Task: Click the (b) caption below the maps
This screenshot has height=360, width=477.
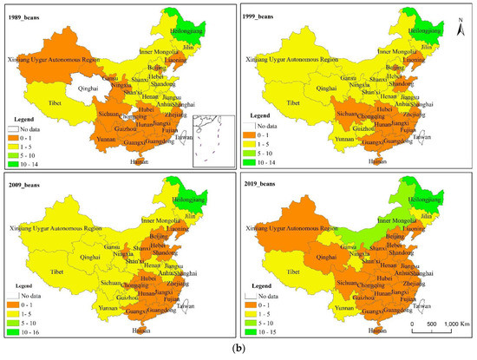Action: point(238,350)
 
